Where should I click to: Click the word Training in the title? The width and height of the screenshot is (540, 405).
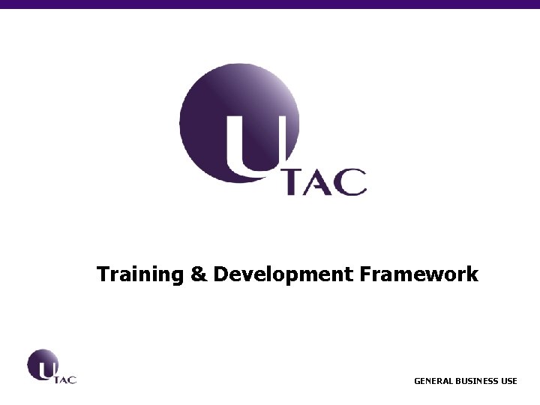(140, 275)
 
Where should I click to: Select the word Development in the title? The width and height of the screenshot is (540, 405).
(283, 275)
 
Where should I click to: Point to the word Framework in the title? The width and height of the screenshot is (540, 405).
(418, 274)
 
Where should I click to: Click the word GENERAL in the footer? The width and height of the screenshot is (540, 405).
(433, 381)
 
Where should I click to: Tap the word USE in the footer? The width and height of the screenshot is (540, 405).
(509, 381)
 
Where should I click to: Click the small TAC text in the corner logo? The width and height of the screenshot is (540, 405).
(66, 379)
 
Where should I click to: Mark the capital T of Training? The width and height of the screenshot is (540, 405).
(103, 274)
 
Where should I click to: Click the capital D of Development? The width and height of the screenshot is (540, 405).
(220, 274)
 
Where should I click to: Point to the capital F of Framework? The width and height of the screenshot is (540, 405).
(365, 274)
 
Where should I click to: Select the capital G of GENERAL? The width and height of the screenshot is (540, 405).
(418, 381)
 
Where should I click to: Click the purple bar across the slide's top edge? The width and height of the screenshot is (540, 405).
(270, 4)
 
